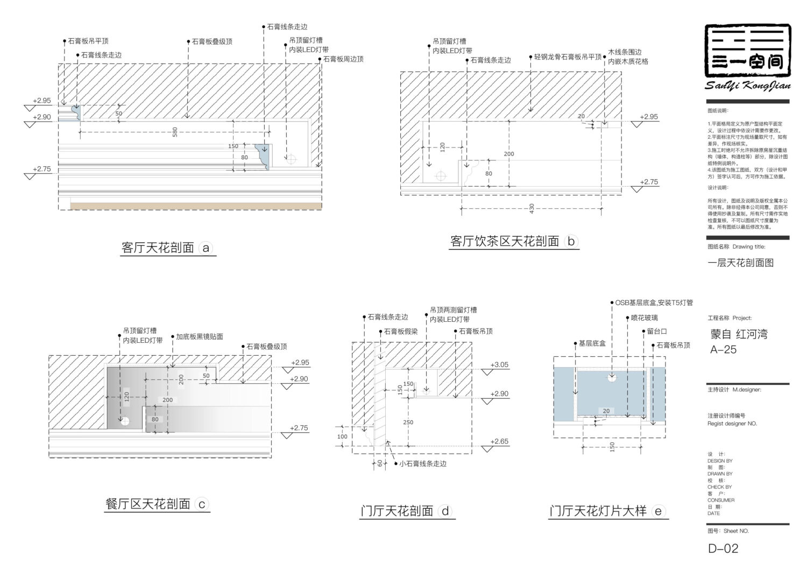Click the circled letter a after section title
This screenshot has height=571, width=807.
206,248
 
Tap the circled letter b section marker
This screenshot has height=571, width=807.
571,242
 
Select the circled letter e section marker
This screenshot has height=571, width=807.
659,511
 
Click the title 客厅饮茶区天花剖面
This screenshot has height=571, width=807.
505,242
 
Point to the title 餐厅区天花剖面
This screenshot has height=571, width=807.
148,504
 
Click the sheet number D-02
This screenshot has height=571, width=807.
723,549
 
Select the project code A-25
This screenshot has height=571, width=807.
723,350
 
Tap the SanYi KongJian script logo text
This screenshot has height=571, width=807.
747,86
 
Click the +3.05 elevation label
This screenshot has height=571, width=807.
499,365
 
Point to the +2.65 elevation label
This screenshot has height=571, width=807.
499,442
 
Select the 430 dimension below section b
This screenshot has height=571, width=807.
532,208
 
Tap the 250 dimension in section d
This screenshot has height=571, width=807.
408,422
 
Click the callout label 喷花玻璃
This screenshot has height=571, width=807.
644,318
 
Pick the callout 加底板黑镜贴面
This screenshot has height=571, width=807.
200,337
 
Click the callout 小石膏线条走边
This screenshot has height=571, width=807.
422,463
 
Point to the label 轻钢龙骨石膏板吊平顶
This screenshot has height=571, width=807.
568,57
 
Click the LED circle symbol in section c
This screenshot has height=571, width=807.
125,421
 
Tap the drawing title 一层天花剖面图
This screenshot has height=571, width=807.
740,263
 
